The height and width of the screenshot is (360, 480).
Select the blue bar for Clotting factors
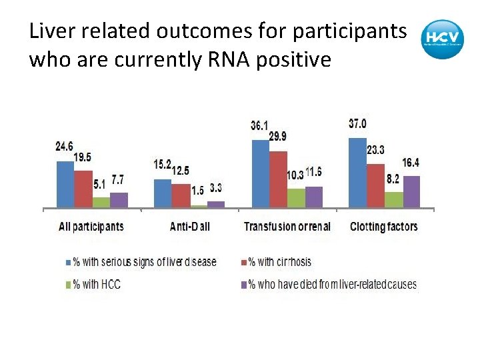pyautogui.click(x=357, y=173)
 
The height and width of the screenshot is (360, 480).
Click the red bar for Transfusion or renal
pyautogui.click(x=278, y=180)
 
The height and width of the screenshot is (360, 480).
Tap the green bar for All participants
pyautogui.click(x=101, y=202)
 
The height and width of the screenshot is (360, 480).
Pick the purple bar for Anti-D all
pyautogui.click(x=216, y=204)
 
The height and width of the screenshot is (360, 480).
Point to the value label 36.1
pyautogui.click(x=259, y=125)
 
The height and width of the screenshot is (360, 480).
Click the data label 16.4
pyautogui.click(x=411, y=163)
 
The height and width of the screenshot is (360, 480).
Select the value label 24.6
pyautogui.click(x=65, y=146)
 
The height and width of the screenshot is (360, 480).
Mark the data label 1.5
pyautogui.click(x=197, y=191)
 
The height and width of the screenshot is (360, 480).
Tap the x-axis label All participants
pyautogui.click(x=91, y=227)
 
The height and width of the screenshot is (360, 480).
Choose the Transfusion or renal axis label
pyautogui.click(x=287, y=227)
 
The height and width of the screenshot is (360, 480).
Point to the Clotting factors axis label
pyautogui.click(x=384, y=227)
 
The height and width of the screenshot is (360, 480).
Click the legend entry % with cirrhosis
pyautogui.click(x=279, y=262)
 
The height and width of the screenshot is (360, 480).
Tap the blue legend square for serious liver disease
pyautogui.click(x=67, y=262)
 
